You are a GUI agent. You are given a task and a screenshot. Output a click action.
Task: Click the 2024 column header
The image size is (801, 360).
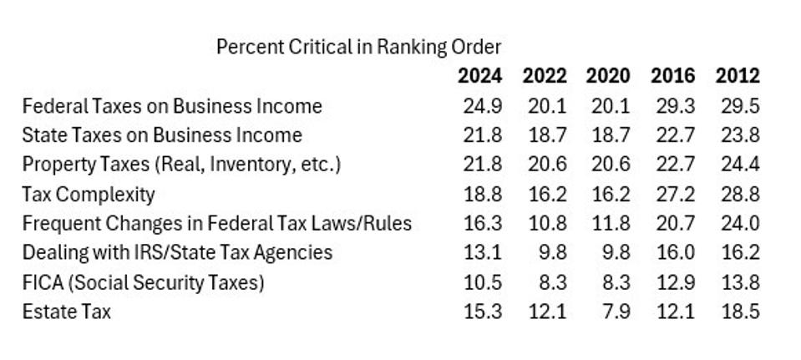point(480,76)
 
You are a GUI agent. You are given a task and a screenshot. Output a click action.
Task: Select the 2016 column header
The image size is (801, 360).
point(672,76)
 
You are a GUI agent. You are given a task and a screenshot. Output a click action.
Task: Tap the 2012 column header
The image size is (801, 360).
point(738,76)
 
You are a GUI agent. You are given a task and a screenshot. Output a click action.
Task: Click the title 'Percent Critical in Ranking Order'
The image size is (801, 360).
point(359,47)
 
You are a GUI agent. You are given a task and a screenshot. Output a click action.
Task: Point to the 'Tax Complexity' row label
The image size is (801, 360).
point(89,195)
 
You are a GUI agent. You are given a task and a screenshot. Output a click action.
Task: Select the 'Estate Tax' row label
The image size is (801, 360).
point(66,312)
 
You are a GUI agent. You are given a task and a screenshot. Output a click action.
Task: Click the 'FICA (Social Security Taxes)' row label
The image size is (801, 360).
point(143,282)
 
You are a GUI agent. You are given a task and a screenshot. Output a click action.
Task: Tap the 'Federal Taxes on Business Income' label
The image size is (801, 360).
point(171,106)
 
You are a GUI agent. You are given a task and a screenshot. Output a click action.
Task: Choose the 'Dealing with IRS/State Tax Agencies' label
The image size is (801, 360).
point(177,252)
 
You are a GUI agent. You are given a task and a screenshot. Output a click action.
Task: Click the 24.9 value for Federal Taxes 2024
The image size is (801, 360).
point(482,106)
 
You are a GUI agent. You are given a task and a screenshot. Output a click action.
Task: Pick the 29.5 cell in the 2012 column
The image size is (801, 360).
point(738,106)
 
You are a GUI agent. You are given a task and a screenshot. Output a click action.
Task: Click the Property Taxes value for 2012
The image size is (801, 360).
point(738,165)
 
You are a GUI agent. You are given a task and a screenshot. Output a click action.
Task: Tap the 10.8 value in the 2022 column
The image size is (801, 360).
point(546,224)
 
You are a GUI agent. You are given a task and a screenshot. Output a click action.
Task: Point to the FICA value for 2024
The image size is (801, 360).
point(482,282)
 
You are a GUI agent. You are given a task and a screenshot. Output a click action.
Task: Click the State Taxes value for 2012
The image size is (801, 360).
point(738,135)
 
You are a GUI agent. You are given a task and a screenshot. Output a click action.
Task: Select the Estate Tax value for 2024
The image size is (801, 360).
point(482,312)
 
